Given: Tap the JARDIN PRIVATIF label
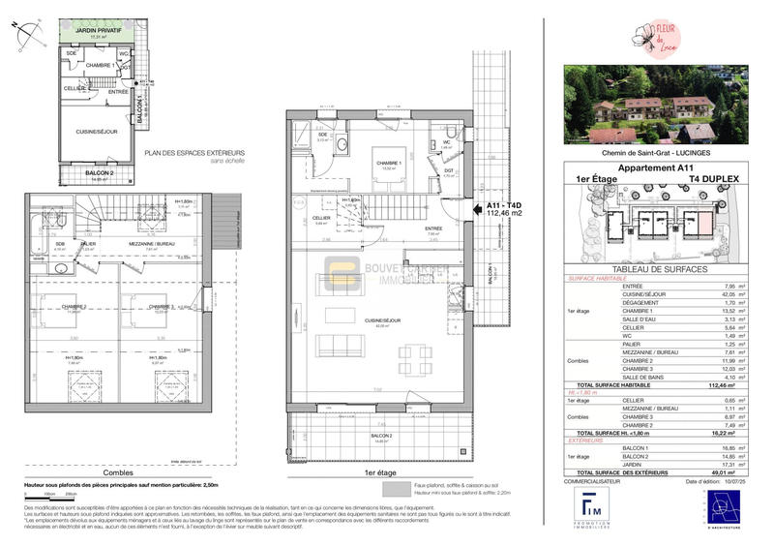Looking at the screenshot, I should point(98,31).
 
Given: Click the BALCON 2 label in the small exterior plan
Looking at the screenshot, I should point(101,173).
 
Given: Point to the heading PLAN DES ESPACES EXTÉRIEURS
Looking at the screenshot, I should point(194,153).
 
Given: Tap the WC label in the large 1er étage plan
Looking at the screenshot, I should point(448,141).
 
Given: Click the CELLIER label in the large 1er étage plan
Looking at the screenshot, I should point(321,219).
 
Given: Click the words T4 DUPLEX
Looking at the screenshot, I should point(712,179).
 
